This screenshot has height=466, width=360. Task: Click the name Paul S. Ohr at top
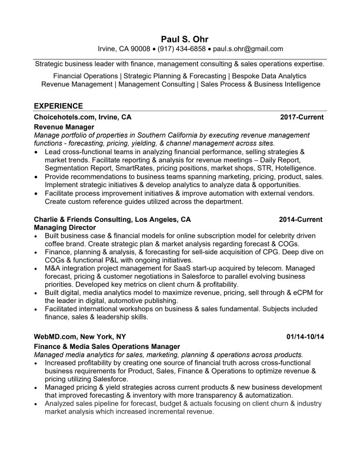click(179, 38)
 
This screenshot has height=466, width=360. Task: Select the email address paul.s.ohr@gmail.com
click(248, 49)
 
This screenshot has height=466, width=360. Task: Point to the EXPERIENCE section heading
click(58, 106)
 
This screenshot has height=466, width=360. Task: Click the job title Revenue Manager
click(64, 127)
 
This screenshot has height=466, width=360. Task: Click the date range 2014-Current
click(301, 219)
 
